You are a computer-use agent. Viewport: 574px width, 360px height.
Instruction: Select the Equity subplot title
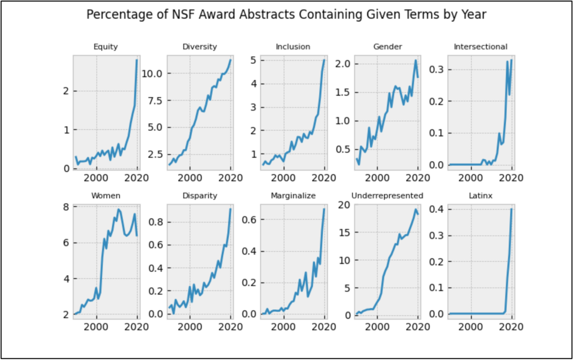pyautogui.click(x=106, y=47)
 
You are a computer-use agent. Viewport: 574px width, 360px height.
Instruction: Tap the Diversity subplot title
pyautogui.click(x=199, y=47)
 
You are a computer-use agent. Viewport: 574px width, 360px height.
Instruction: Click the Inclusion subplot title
pyautogui.click(x=293, y=47)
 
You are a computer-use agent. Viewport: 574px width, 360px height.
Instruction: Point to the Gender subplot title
pyautogui.click(x=387, y=47)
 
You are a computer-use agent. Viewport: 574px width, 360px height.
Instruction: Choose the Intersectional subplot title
pyautogui.click(x=480, y=47)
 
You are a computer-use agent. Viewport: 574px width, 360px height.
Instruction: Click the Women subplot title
pyautogui.click(x=106, y=196)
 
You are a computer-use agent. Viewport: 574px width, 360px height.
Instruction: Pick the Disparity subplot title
pyautogui.click(x=199, y=196)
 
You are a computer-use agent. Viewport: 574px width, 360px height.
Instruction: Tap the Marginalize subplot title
pyautogui.click(x=293, y=196)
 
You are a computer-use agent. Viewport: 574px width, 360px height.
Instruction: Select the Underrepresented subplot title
pyautogui.click(x=387, y=196)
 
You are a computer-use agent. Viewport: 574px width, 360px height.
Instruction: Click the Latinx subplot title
pyautogui.click(x=481, y=196)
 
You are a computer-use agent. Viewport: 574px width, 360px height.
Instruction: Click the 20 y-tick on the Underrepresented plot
pyautogui.click(x=345, y=205)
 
